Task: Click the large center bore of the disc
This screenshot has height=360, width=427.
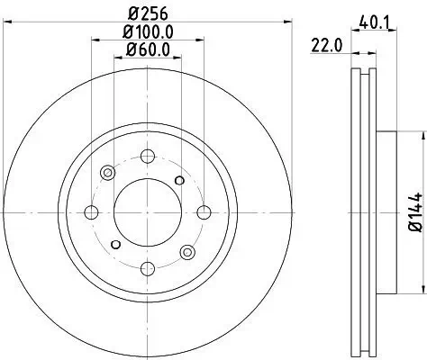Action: pyautogui.click(x=148, y=212)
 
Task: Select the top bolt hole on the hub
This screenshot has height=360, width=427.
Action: pyautogui.click(x=148, y=156)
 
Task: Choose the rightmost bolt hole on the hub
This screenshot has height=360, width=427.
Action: pyautogui.click(x=204, y=212)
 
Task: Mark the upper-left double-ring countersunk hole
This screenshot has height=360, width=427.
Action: pyautogui.click(x=108, y=173)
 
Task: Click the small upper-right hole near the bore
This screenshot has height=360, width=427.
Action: pyautogui.click(x=181, y=181)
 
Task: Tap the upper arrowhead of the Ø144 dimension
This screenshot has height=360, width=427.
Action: pyautogui.click(x=420, y=133)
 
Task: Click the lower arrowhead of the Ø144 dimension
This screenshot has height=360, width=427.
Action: pyautogui.click(x=420, y=292)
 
